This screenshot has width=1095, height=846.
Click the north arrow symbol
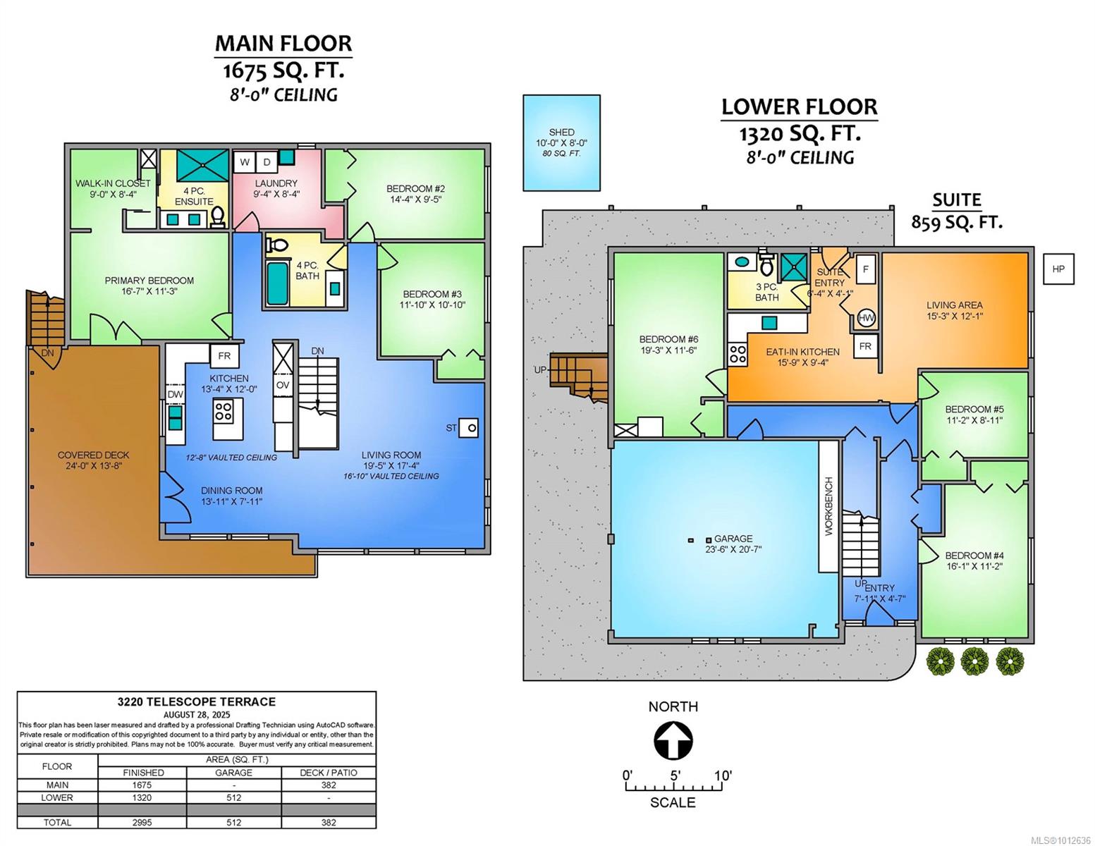pyautogui.click(x=673, y=741)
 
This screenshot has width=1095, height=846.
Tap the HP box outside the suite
pyautogui.click(x=1058, y=269)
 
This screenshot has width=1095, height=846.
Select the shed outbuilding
pyautogui.click(x=561, y=142)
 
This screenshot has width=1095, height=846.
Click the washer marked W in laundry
pyautogui.click(x=245, y=162)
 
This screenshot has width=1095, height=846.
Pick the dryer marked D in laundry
pyautogui.click(x=267, y=162)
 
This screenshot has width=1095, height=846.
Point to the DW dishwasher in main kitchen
pyautogui.click(x=175, y=395)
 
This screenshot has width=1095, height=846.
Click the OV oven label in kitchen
pyautogui.click(x=283, y=385)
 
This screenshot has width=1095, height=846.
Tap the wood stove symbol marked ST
pyautogui.click(x=469, y=428)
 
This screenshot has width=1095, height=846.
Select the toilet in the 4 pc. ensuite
pyautogui.click(x=218, y=217)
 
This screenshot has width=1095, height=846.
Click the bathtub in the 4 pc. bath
pyautogui.click(x=277, y=283)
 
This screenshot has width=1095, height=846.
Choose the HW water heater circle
pyautogui.click(x=866, y=318)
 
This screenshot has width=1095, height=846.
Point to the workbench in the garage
pyautogui.click(x=828, y=506)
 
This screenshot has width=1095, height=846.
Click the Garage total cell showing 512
pyautogui.click(x=234, y=822)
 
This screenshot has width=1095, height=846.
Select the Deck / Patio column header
pyautogui.click(x=329, y=773)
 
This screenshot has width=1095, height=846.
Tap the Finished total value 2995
pyautogui.click(x=143, y=822)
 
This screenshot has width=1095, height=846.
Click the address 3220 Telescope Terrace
pyautogui.click(x=197, y=702)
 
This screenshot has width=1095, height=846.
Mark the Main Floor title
pyautogui.click(x=283, y=43)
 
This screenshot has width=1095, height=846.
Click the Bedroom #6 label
pyautogui.click(x=668, y=339)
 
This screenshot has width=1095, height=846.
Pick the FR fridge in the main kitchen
pyautogui.click(x=224, y=356)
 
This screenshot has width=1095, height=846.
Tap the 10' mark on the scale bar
pyautogui.click(x=722, y=775)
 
